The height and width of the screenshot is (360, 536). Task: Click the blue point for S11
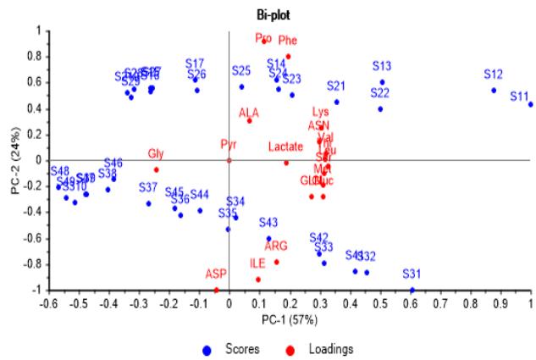pyautogui.click(x=531, y=104)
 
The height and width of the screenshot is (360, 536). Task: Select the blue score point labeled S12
pyautogui.click(x=494, y=91)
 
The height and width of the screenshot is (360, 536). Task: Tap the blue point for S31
pyautogui.click(x=412, y=290)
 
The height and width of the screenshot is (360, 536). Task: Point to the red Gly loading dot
pyautogui.click(x=157, y=169)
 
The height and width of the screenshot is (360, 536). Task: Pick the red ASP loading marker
pyautogui.click(x=217, y=290)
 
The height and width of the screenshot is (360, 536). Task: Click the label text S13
pyautogui.click(x=381, y=66)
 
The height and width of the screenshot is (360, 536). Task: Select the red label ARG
pyautogui.click(x=276, y=246)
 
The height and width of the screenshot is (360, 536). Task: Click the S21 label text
pyautogui.click(x=336, y=86)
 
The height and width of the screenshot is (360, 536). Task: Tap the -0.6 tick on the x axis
pyautogui.click(x=47, y=303)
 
